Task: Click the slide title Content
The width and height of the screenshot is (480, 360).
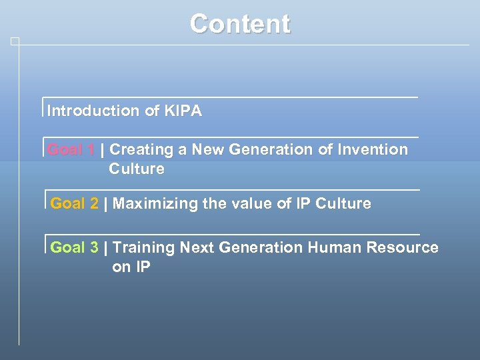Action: point(240,24)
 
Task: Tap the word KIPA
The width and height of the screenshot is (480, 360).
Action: point(182,111)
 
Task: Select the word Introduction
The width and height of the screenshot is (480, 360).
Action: point(93,111)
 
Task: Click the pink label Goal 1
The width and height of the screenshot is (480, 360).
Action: point(71,150)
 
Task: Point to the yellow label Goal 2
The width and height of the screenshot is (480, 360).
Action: point(74,204)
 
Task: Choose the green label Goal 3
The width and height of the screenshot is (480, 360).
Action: point(74,248)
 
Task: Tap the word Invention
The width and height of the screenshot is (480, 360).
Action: point(372,150)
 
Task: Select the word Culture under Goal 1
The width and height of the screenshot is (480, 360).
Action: point(137,169)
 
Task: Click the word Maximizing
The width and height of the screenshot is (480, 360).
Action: point(155,204)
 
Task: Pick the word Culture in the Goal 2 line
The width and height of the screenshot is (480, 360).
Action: point(343,204)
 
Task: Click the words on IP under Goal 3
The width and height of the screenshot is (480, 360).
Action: point(131,267)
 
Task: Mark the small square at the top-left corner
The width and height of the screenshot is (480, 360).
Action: point(15,41)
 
